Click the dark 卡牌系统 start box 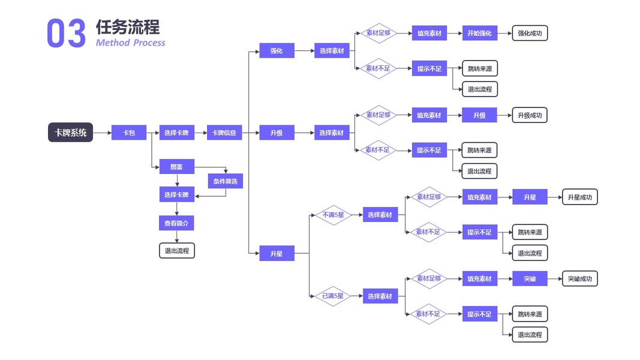coord(70,133)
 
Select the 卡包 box coord(129,133)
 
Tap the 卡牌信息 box coord(224,133)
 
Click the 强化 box coord(277,51)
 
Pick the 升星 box coord(277,254)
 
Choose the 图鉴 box coord(176,167)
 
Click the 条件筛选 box coord(226,181)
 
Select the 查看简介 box coord(176,223)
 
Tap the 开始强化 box coord(479,34)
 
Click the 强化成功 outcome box coord(530,34)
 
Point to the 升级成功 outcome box coord(530,115)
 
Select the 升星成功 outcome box coord(580,197)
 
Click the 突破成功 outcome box coord(580,279)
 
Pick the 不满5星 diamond coord(333,215)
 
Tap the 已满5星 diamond coord(333,296)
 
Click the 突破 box coord(530,279)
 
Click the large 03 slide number coord(66,34)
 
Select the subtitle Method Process coord(130,43)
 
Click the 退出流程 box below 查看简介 coord(177,251)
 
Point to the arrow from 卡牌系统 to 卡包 coord(102,133)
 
